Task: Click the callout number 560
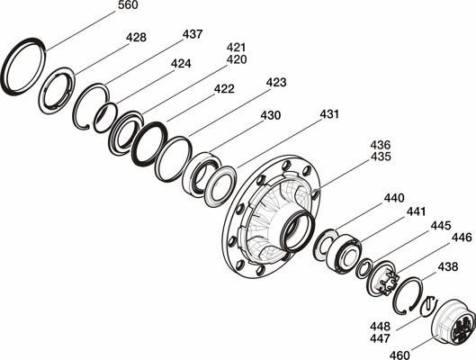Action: [x=128, y=5]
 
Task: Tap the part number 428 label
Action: [x=136, y=37]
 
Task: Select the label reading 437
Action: [x=193, y=34]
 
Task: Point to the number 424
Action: [x=181, y=63]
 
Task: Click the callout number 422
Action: [x=224, y=89]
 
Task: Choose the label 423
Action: [x=276, y=82]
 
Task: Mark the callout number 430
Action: [x=271, y=115]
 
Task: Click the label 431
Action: [x=329, y=114]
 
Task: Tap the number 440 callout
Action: [x=394, y=198]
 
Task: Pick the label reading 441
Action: [x=417, y=211]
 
